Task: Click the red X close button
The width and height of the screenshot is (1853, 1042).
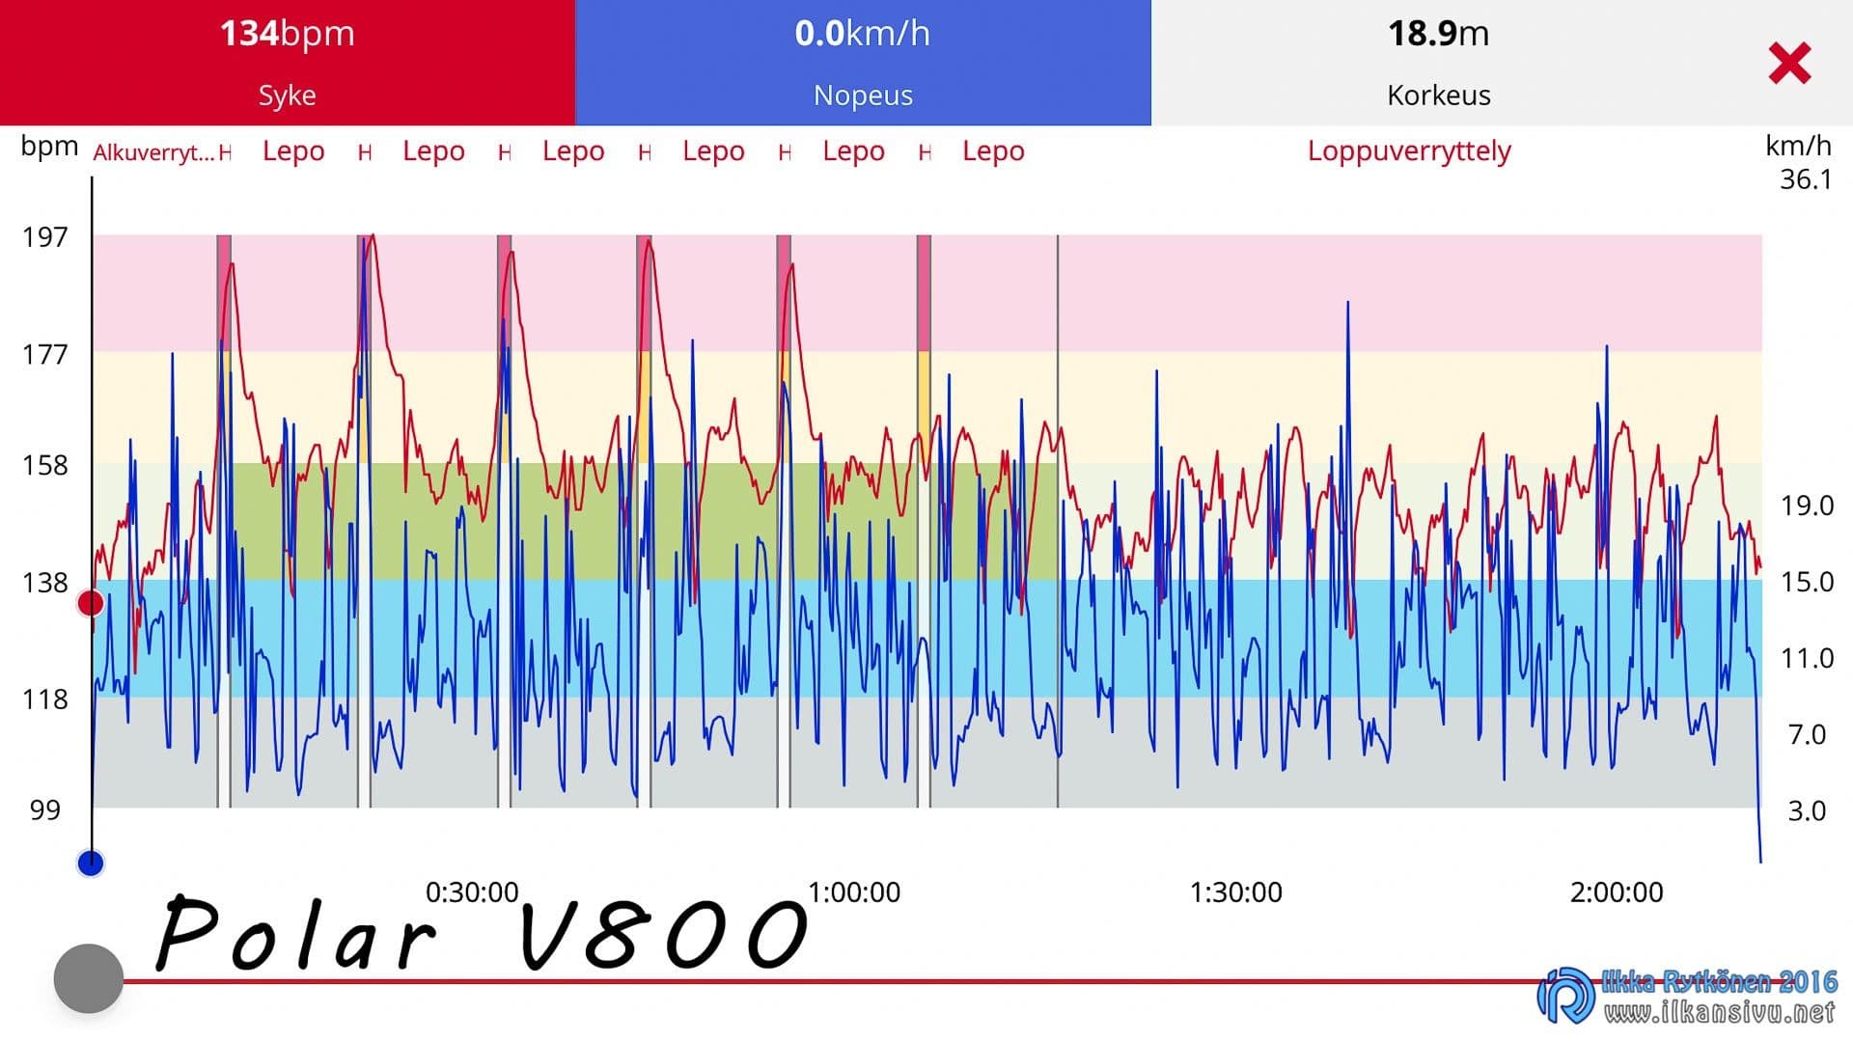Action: tap(1789, 63)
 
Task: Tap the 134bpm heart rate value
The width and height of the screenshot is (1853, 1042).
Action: tap(288, 34)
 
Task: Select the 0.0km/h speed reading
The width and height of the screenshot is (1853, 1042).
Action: tap(863, 34)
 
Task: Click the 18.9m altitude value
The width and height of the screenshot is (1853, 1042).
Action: tap(1438, 34)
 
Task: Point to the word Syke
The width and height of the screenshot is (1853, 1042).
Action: tap(287, 96)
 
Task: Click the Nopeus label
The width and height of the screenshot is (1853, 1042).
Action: tap(863, 96)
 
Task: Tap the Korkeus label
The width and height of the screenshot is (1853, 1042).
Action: tap(1438, 96)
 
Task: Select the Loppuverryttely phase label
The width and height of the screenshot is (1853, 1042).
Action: tap(1409, 151)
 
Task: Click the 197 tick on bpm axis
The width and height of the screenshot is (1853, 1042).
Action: tap(45, 237)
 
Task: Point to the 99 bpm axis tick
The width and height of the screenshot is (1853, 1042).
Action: tap(45, 810)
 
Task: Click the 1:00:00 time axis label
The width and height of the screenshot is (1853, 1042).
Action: tap(854, 892)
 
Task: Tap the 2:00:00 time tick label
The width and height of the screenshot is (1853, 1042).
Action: tap(1617, 892)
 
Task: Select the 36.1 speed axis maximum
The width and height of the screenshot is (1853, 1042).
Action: tap(1806, 179)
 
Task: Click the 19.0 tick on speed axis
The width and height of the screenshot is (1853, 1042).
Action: tap(1807, 506)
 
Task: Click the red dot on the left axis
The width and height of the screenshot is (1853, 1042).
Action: tap(91, 604)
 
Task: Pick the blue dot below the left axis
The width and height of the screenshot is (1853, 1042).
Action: tap(91, 863)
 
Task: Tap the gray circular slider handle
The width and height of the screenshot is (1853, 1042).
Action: tap(89, 978)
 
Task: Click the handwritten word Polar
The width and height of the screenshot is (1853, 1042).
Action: tap(294, 934)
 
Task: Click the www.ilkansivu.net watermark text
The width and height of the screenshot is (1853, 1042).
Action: tap(1719, 1012)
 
